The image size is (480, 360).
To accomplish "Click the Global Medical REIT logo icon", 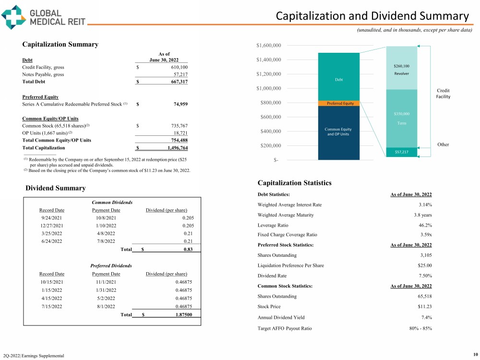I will pyautogui.click(x=13, y=17).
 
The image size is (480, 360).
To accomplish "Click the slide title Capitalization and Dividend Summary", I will pyautogui.click(x=372, y=16).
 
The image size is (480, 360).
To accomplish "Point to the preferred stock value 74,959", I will pyautogui.click(x=178, y=104).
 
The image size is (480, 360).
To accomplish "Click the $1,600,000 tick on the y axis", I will pyautogui.click(x=268, y=46).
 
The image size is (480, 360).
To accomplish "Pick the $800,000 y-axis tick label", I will pyautogui.click(x=270, y=103).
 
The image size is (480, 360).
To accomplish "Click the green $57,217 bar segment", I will pyautogui.click(x=401, y=152).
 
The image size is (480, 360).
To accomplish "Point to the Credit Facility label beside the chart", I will pyautogui.click(x=444, y=94).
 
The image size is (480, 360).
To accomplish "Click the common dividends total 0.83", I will pyautogui.click(x=188, y=250).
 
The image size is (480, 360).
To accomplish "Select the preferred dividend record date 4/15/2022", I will pyautogui.click(x=51, y=298).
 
